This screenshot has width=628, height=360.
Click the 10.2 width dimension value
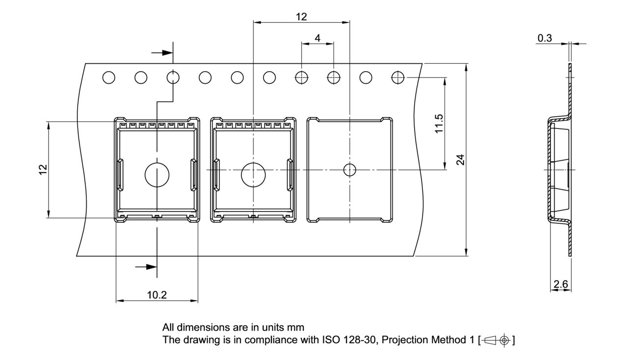click(x=157, y=295)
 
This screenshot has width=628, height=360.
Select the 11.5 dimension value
click(x=439, y=124)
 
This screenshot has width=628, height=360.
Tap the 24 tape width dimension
click(x=461, y=159)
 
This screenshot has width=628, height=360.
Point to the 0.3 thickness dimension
click(x=545, y=38)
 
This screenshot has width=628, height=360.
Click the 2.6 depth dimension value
click(x=561, y=284)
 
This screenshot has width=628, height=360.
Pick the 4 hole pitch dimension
click(x=317, y=38)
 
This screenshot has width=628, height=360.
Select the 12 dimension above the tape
click(x=301, y=17)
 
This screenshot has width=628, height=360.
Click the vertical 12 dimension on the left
click(x=43, y=170)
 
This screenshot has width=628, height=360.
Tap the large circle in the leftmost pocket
click(x=157, y=163)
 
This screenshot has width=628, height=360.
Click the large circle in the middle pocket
click(x=253, y=163)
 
